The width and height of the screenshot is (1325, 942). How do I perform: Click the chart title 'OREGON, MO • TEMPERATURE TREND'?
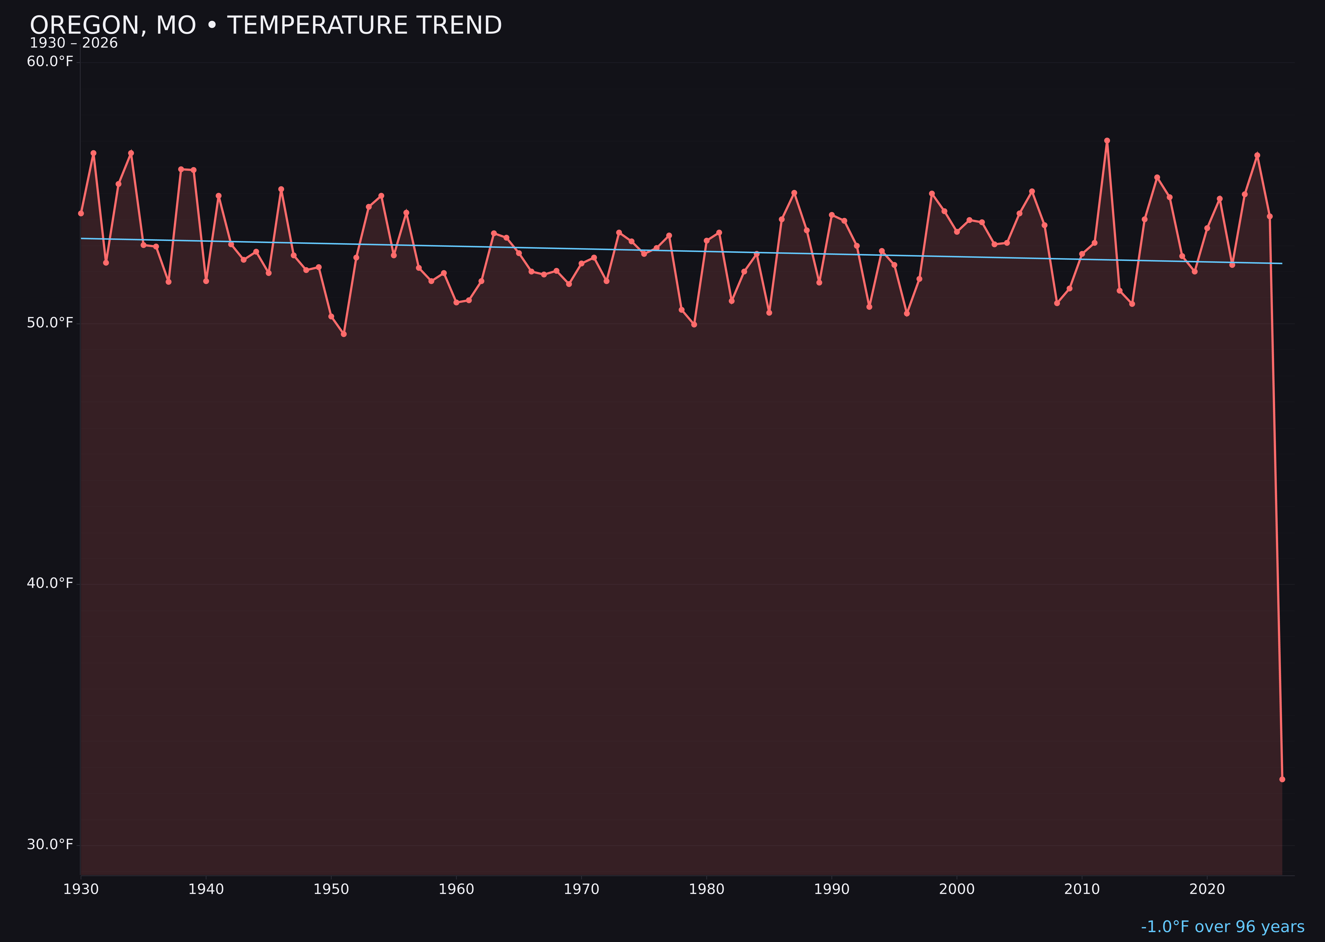coord(266,26)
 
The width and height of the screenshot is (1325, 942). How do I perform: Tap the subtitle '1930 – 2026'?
coord(74,43)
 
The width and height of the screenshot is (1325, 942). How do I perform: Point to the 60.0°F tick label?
coord(50,62)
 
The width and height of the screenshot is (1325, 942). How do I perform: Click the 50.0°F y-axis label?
coord(50,323)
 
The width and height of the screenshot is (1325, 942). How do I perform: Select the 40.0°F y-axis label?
coord(50,583)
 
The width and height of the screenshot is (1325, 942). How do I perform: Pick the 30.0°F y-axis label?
coord(50,844)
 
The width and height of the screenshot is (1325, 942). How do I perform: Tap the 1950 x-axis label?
coord(331,889)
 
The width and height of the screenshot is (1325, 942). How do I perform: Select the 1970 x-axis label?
coord(581,889)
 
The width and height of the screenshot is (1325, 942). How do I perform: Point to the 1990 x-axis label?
coord(832,889)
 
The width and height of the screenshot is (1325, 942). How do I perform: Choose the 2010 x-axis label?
coord(1082,889)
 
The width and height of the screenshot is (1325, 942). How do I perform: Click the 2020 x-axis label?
coord(1207,889)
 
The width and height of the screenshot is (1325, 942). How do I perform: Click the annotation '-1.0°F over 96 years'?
coord(1222,927)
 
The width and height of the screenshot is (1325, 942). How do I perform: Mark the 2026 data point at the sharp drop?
coord(1282,779)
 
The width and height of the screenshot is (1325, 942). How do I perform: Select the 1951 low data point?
coord(344,334)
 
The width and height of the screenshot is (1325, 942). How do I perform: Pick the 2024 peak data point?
coord(1257,155)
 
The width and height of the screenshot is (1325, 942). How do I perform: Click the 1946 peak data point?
coord(281,189)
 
